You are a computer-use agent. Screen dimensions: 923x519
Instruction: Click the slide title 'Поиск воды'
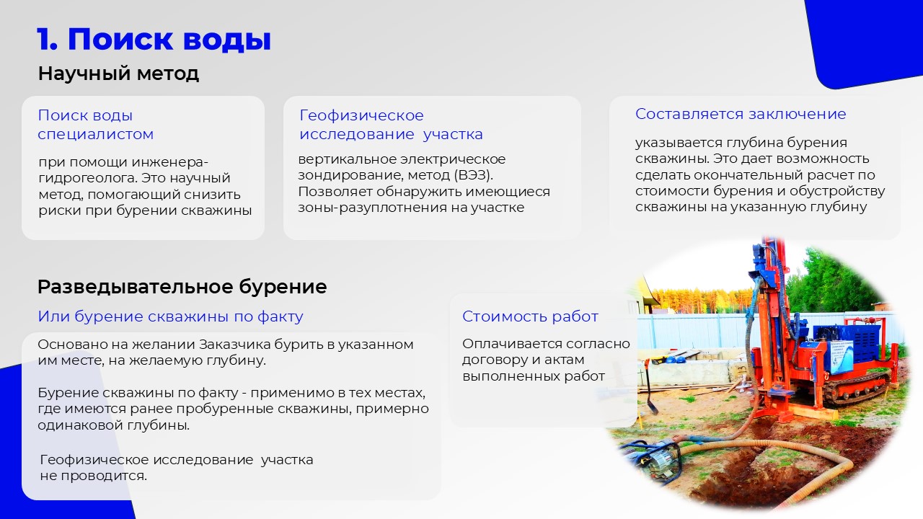[x=169, y=40]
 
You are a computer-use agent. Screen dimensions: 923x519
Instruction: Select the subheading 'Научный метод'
[x=119, y=74]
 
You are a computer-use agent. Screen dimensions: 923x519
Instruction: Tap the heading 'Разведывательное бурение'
[x=182, y=287]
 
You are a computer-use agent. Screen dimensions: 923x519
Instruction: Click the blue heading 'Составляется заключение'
[x=741, y=114]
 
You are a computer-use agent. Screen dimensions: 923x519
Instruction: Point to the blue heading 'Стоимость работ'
[x=530, y=316]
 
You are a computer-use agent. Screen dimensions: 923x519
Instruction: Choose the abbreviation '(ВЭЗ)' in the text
[x=473, y=175]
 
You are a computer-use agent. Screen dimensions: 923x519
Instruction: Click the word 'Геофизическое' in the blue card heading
[x=361, y=115]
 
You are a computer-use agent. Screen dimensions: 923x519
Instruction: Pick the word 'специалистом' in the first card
[x=96, y=135]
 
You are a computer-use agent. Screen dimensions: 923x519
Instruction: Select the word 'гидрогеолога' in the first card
[x=87, y=178]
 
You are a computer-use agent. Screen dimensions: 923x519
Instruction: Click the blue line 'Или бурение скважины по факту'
[x=171, y=316]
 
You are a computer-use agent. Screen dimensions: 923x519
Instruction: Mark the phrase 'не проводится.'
[x=94, y=476]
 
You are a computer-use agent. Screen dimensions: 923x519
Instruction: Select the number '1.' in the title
[x=47, y=40]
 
